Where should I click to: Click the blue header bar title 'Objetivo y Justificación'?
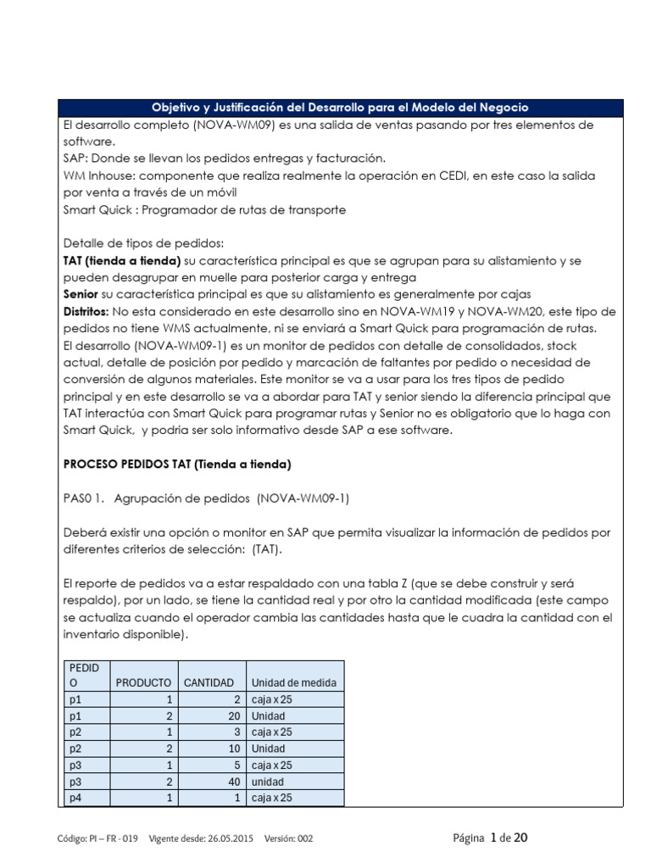pyautogui.click(x=339, y=108)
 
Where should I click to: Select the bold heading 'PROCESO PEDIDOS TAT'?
pyautogui.click(x=177, y=464)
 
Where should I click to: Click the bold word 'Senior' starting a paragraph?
pyautogui.click(x=82, y=294)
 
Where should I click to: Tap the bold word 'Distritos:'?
pyautogui.click(x=87, y=311)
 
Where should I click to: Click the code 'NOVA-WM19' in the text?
pyautogui.click(x=411, y=311)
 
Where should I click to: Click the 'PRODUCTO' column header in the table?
pyautogui.click(x=143, y=682)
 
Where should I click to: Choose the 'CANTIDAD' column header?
pyautogui.click(x=209, y=682)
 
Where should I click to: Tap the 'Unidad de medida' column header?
pyautogui.click(x=293, y=682)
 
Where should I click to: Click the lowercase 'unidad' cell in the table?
pyautogui.click(x=268, y=781)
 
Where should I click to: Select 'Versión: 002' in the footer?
pyautogui.click(x=288, y=838)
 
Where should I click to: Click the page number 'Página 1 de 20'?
pyautogui.click(x=491, y=837)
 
